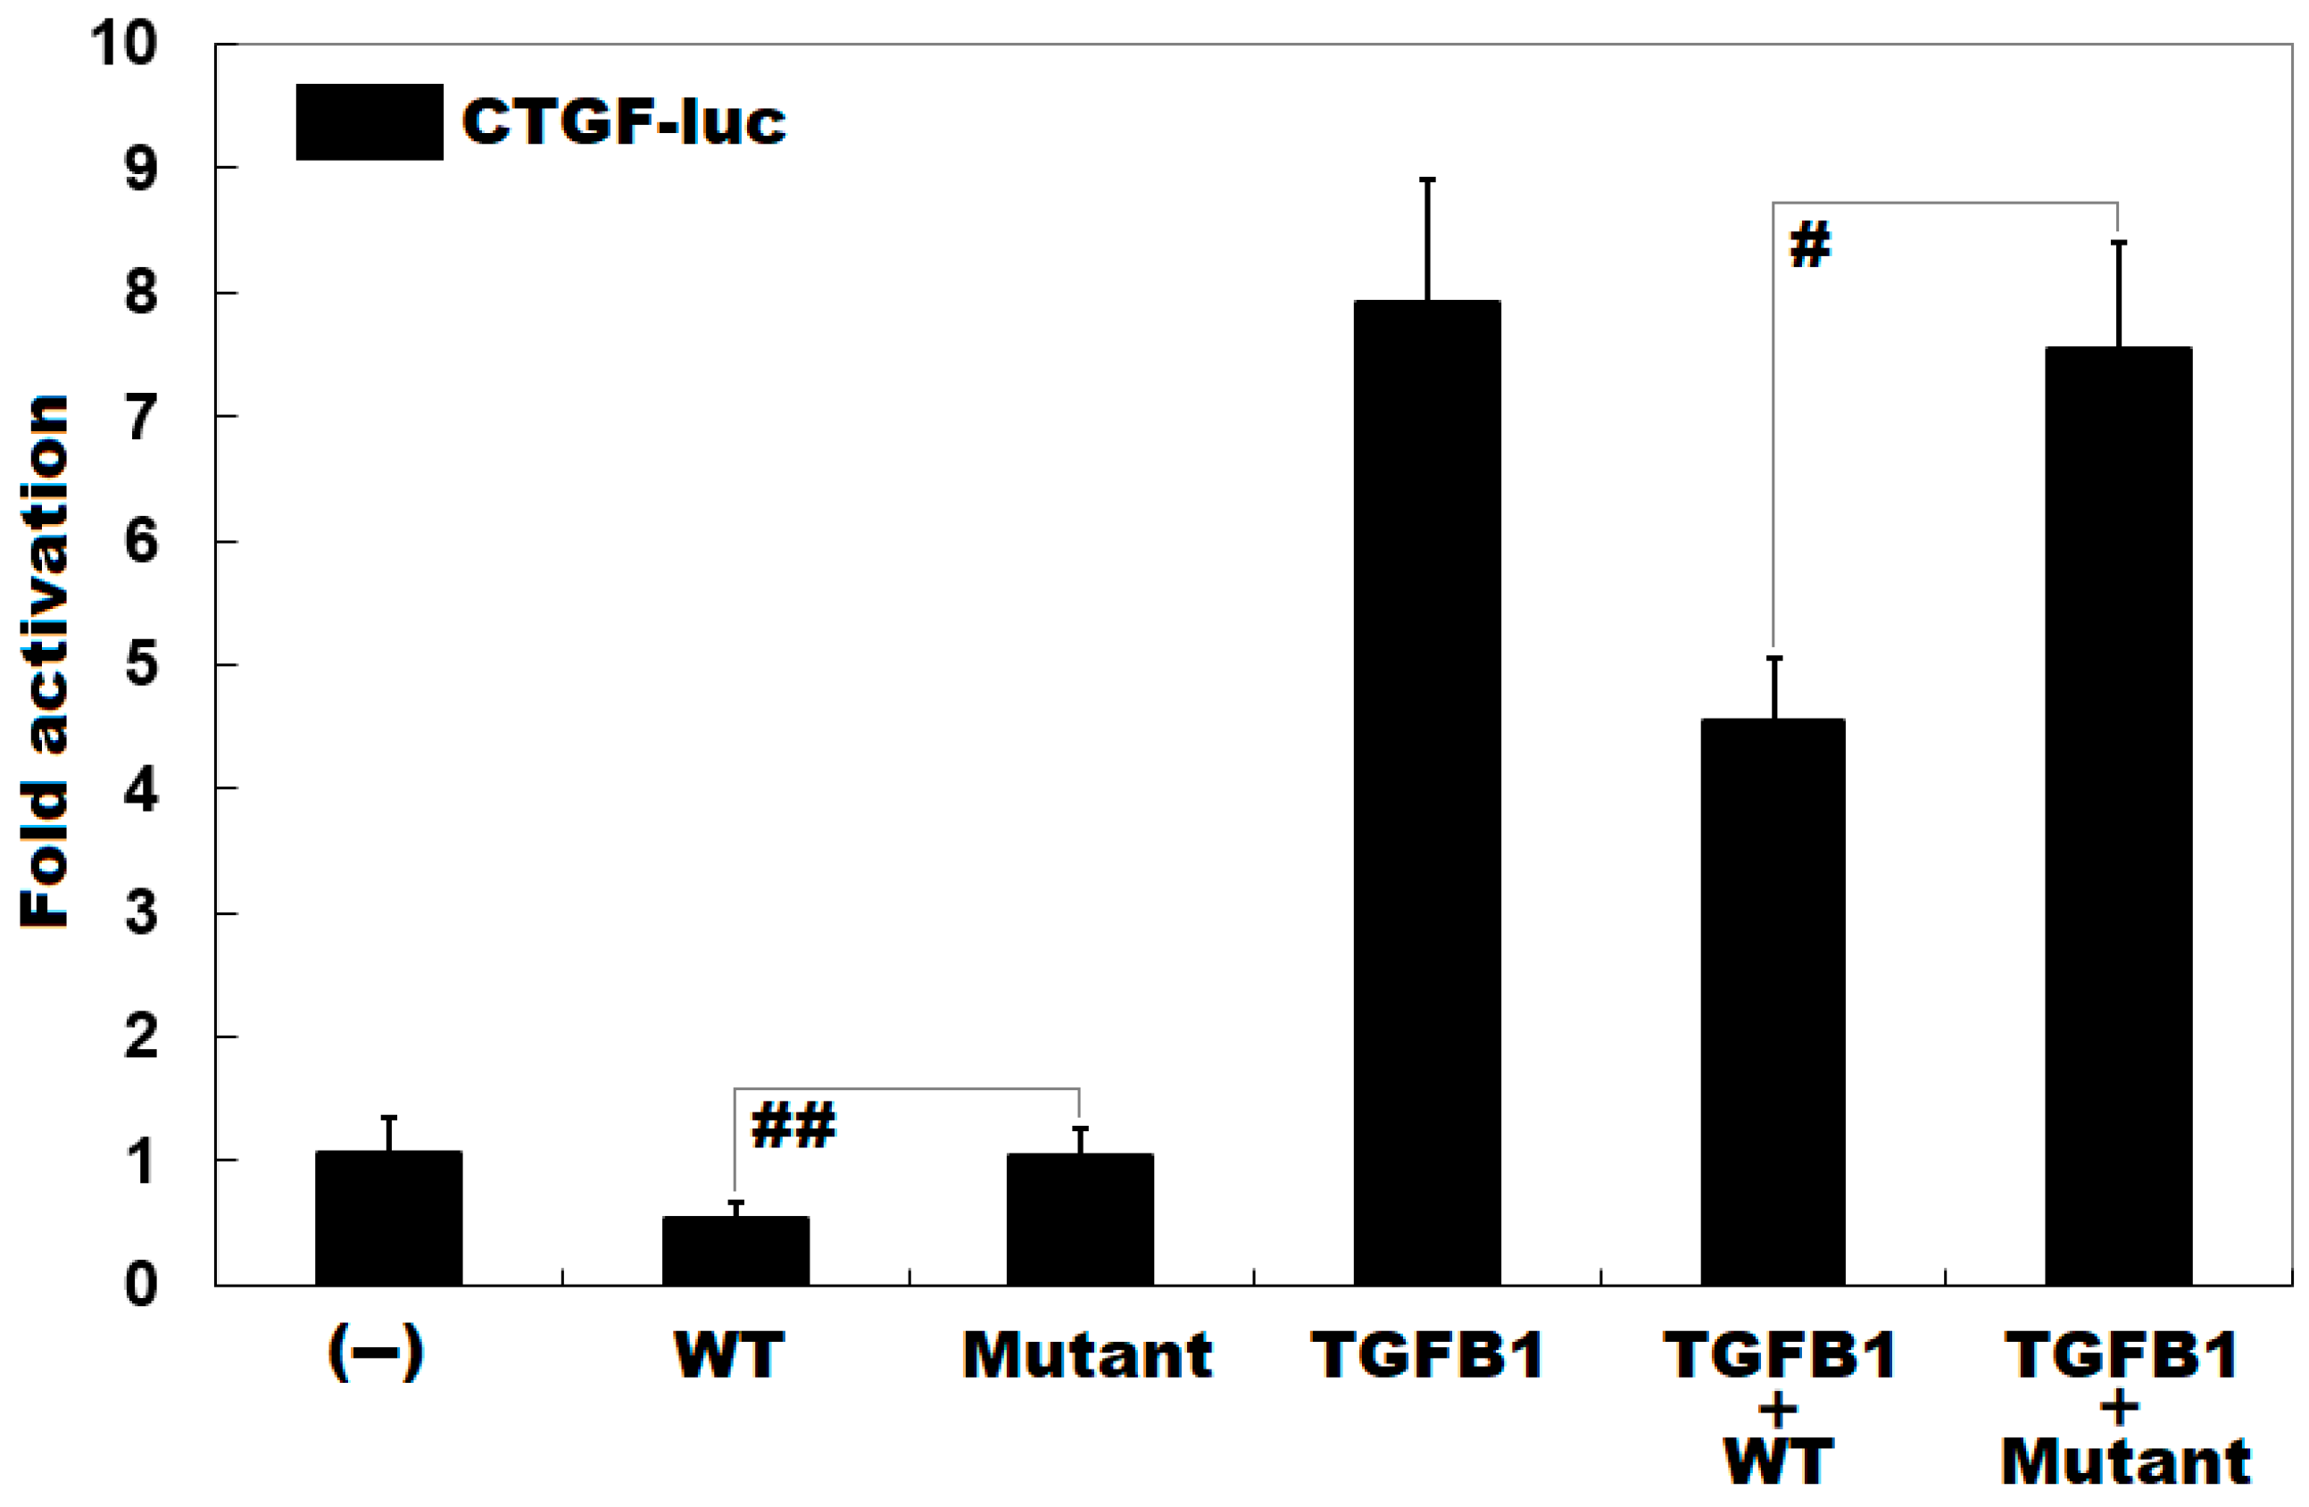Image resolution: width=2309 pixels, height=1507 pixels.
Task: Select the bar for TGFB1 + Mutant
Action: tap(2118, 815)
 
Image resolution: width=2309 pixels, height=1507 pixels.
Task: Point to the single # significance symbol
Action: tap(1809, 245)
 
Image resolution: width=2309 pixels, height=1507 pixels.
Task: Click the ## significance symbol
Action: tap(793, 1126)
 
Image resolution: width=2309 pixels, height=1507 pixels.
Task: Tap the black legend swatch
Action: tap(370, 122)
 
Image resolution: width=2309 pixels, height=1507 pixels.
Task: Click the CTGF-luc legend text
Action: tap(624, 122)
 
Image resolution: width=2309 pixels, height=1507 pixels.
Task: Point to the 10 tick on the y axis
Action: tap(123, 44)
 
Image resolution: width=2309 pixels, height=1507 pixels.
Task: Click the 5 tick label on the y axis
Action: tap(142, 666)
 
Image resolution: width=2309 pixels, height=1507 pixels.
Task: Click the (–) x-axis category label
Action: tap(376, 1354)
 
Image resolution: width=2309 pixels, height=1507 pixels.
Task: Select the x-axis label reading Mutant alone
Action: tap(1086, 1354)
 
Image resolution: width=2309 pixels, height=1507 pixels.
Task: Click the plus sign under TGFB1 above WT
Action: tap(1777, 1409)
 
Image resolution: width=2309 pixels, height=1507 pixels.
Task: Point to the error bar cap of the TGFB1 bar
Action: tap(1427, 180)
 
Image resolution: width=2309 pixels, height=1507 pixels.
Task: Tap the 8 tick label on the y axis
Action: tap(142, 292)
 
